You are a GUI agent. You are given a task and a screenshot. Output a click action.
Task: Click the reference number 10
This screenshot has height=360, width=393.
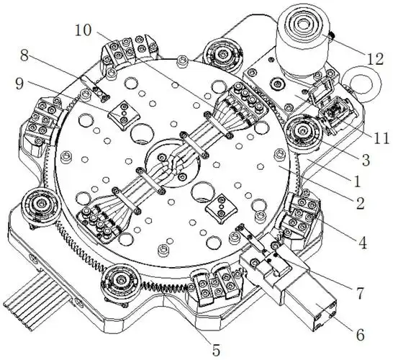point(83,30)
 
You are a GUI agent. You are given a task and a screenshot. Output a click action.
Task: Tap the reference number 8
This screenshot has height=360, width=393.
point(24,55)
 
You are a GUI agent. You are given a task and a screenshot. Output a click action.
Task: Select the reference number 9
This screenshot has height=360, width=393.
point(19,84)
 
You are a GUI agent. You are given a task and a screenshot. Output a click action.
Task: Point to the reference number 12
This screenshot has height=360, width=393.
point(375,59)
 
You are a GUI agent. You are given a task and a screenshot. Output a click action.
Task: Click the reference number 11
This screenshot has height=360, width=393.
point(381,138)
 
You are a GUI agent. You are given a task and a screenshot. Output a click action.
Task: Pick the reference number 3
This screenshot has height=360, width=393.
point(366,160)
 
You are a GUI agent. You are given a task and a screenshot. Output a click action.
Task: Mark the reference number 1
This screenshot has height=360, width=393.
point(357,181)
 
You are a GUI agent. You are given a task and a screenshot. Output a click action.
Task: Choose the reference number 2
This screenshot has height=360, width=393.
point(360,203)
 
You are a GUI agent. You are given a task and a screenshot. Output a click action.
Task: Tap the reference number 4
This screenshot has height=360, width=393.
point(363,243)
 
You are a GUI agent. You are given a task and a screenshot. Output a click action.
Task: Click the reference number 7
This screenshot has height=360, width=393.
point(360,293)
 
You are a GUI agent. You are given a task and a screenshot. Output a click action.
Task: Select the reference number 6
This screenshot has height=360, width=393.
point(360,334)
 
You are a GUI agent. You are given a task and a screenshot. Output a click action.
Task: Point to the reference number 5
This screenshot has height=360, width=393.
point(216,350)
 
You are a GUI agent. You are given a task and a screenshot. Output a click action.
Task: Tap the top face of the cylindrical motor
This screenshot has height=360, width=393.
point(304,24)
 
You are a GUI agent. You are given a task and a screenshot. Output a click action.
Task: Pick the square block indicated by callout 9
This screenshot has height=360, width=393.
point(124,114)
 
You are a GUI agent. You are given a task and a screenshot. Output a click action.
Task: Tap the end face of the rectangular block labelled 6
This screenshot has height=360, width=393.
point(325,316)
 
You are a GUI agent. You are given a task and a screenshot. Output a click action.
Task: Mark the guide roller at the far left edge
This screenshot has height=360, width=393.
point(40,203)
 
